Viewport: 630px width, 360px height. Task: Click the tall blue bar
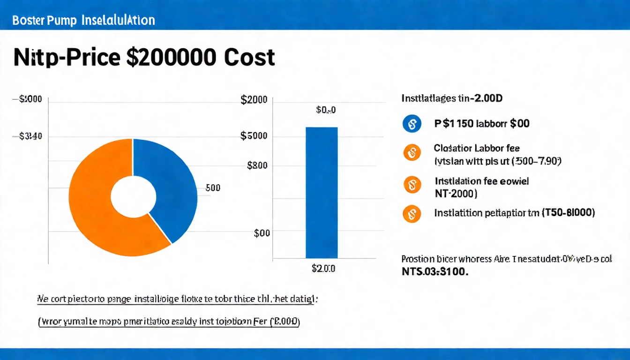(322, 192)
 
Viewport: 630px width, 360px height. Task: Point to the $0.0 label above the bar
(326, 110)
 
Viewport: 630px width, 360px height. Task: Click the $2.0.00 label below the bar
(323, 269)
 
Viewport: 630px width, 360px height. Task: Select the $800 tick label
(257, 165)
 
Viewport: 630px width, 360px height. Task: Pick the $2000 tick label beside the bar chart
(254, 99)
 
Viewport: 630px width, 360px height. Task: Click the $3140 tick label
(31, 136)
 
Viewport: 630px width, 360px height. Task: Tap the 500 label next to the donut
(213, 188)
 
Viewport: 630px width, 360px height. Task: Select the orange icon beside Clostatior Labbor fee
(411, 153)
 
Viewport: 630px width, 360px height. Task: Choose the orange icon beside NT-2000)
(411, 185)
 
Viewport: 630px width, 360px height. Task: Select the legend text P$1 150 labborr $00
(482, 124)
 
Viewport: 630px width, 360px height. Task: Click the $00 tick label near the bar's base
(262, 233)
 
